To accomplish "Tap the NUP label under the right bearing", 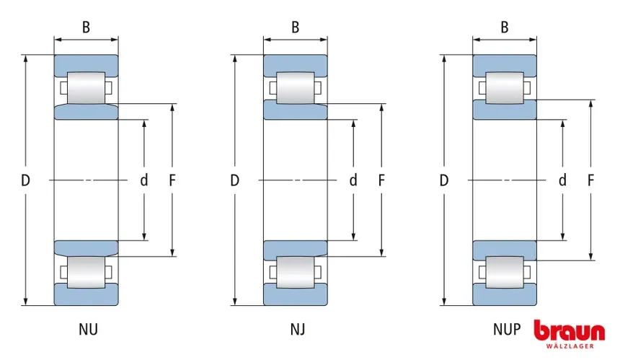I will tap(506, 330).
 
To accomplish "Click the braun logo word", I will tap(569, 332).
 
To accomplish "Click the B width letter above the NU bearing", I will tap(86, 27).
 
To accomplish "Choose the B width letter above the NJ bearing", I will tap(296, 27).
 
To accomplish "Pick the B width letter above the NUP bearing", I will tap(505, 27).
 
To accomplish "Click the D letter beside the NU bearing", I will tap(25, 180).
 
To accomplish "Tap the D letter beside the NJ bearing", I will tap(234, 180).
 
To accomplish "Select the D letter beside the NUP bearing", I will tap(443, 180).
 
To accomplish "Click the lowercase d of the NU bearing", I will tap(144, 180).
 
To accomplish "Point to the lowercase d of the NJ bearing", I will tap(353, 180).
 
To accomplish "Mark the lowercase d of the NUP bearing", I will tap(562, 180).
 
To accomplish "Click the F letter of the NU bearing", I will tap(172, 180).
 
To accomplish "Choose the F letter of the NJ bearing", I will tap(381, 180).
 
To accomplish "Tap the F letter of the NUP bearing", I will tap(591, 180).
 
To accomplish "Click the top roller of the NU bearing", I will tap(86, 88).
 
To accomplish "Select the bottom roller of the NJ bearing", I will tap(296, 272).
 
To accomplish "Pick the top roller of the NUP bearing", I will tap(505, 88).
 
